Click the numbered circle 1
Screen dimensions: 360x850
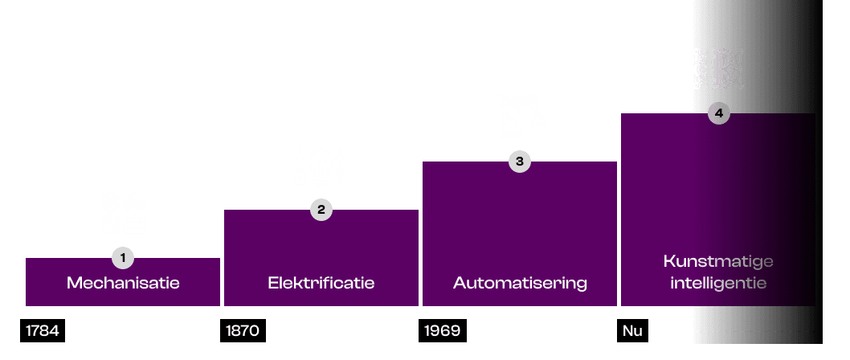(x=123, y=258)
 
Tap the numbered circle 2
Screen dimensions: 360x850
(x=321, y=210)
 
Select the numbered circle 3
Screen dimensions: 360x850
(x=520, y=162)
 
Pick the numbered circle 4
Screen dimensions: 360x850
(x=718, y=113)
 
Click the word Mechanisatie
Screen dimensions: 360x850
(x=123, y=283)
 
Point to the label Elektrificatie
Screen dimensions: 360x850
(x=321, y=283)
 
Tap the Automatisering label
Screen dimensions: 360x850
(x=520, y=283)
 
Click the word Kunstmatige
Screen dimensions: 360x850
(x=718, y=261)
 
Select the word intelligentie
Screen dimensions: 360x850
(x=718, y=283)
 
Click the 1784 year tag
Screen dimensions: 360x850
(x=42, y=331)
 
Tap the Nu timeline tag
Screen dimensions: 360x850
(x=633, y=331)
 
